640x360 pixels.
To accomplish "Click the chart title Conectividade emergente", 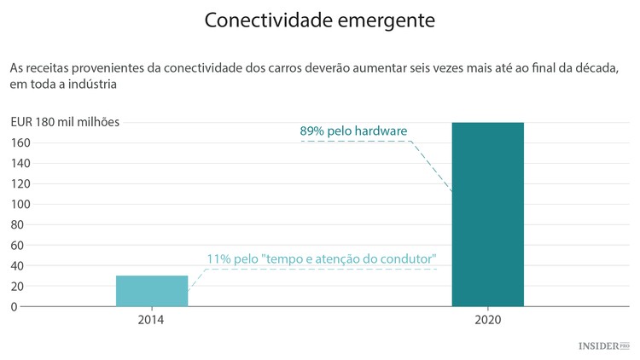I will click(x=319, y=20).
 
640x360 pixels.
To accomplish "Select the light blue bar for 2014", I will click(x=152, y=291).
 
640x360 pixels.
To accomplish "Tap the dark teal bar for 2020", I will click(x=487, y=214).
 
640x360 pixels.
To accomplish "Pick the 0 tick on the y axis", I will click(x=15, y=306).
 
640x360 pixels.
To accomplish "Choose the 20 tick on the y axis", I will click(x=18, y=286).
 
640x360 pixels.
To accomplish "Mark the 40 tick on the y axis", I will click(x=18, y=265).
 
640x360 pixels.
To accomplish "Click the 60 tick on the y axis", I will click(x=18, y=245).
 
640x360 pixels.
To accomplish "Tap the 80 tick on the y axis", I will click(x=18, y=224).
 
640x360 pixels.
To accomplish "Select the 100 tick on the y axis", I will click(x=20, y=204).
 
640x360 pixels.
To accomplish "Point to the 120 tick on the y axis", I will click(x=20, y=183).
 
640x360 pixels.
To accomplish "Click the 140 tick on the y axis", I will click(x=20, y=163).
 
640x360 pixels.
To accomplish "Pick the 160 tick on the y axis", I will click(x=20, y=142).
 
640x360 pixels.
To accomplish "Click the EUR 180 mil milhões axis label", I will click(x=65, y=122).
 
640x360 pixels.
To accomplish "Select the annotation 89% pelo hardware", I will click(x=353, y=131).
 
